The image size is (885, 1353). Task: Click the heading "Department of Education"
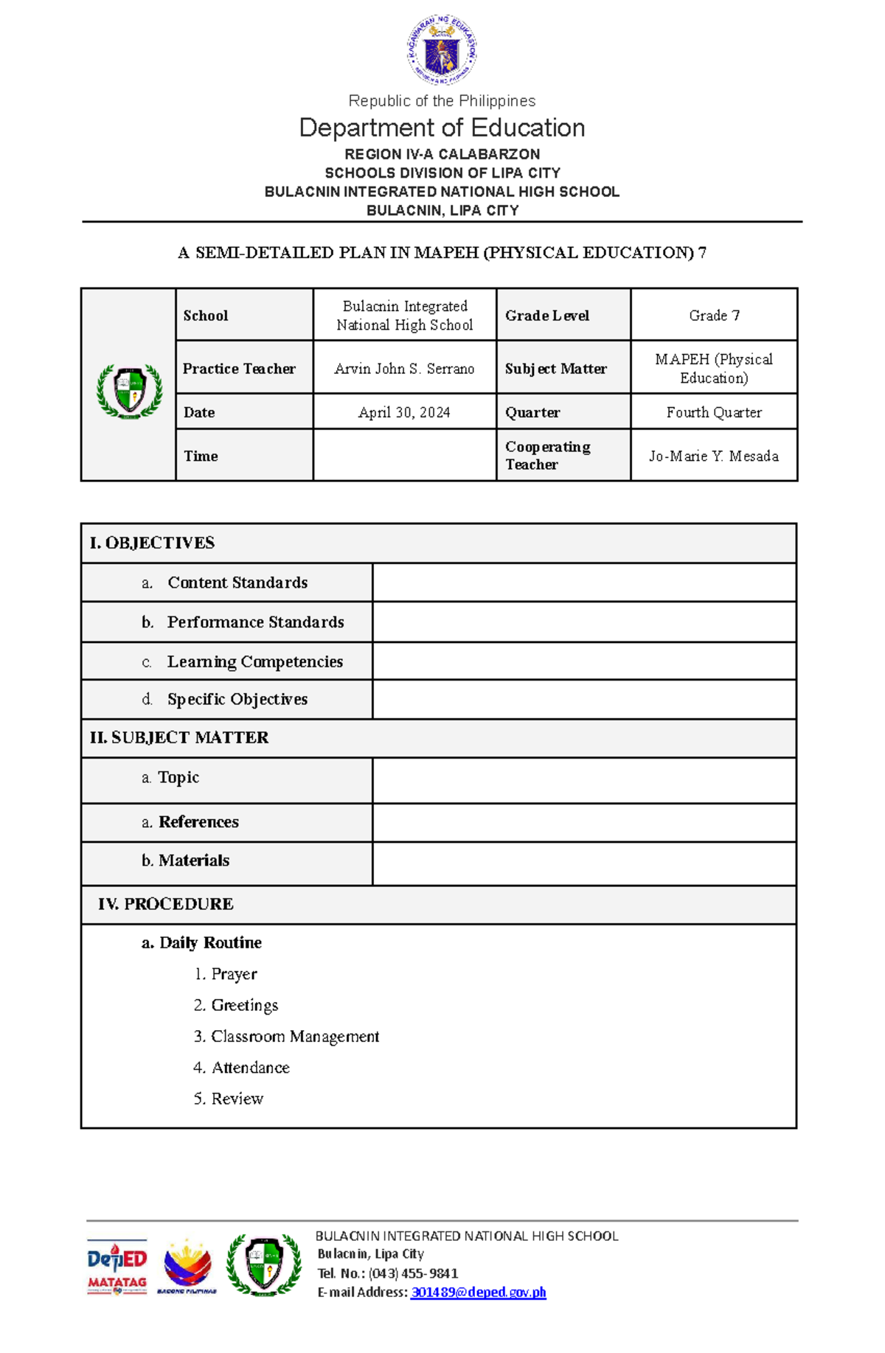[442, 128]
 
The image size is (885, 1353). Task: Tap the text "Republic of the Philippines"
[442, 101]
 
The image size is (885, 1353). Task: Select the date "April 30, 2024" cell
[404, 412]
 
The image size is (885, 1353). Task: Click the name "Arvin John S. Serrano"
[404, 369]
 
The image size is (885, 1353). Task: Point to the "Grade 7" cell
[714, 316]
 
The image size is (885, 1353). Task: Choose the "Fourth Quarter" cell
[714, 412]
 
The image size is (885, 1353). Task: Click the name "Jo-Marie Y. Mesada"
[714, 456]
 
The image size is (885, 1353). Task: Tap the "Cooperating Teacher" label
[548, 456]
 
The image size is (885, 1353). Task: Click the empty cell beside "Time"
[404, 456]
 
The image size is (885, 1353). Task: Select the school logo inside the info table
[129, 391]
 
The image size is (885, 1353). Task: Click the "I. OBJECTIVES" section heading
[152, 543]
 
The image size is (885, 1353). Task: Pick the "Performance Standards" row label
[255, 622]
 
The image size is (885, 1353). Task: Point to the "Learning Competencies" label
[254, 662]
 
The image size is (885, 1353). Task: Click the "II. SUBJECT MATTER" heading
[179, 738]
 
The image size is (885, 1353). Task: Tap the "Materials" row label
[193, 860]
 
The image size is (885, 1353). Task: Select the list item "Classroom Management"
[294, 1037]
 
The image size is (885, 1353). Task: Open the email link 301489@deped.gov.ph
[478, 1292]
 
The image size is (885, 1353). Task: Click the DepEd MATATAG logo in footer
[117, 1267]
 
